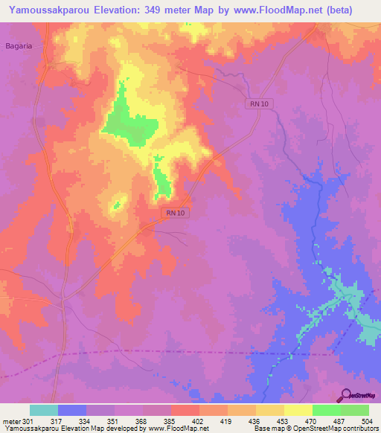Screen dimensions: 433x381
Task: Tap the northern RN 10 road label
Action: [258, 104]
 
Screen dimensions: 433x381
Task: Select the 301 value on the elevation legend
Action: [30, 422]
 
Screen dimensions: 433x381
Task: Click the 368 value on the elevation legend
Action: [143, 422]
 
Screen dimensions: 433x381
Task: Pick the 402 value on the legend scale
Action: [199, 422]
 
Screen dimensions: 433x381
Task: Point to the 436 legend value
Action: [256, 422]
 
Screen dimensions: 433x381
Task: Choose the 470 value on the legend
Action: [313, 422]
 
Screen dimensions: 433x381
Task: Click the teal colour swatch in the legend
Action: [44, 411]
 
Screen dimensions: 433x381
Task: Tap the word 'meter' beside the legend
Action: [10, 422]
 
